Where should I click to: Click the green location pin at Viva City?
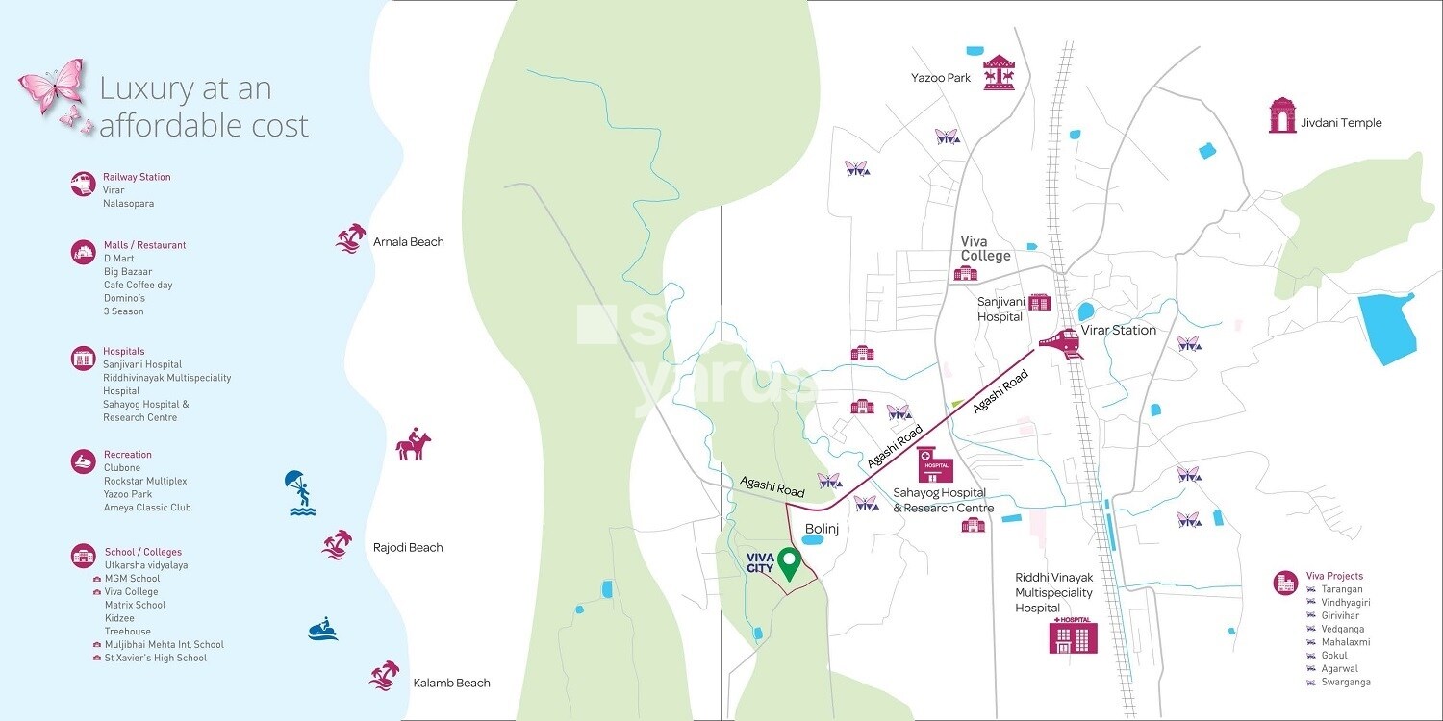coord(789,563)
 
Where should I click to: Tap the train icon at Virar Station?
coord(1059,342)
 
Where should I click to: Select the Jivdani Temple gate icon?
coord(1282,115)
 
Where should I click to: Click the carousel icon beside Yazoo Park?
coord(1000,74)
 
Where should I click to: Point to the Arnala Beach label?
coord(408,242)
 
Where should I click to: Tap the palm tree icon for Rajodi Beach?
coord(337,544)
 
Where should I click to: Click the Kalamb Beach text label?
coord(451,684)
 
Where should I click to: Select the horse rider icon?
coord(413,446)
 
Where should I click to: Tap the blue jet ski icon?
coord(323,629)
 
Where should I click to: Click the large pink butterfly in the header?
coord(52,87)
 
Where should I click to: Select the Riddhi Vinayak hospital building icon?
coord(1073,635)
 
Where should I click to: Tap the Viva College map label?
coord(985,249)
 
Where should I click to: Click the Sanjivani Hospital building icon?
coord(1040,303)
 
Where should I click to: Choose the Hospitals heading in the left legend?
coord(123,352)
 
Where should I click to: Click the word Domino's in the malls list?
coord(124,298)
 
